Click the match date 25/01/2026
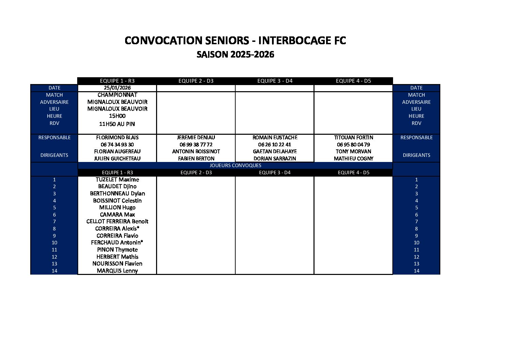coord(117,88)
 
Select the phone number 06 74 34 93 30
coord(117,145)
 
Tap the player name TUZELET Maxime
coord(117,180)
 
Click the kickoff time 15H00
coord(117,116)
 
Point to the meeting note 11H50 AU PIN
coord(117,124)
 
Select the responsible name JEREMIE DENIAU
coord(196,137)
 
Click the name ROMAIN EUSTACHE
coord(275,137)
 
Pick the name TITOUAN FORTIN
coord(354,137)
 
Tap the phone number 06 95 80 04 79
coord(354,145)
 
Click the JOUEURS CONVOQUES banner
coord(235,165)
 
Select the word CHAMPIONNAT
coord(117,95)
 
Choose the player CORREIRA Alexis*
coord(117,229)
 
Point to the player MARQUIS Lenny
coord(117,271)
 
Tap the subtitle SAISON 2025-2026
coord(235,54)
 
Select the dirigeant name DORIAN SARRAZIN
coord(275,159)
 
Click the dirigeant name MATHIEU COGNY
coord(354,159)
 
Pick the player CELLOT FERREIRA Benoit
coord(117,222)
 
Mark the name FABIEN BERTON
coord(196,159)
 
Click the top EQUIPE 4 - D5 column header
coord(354,81)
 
